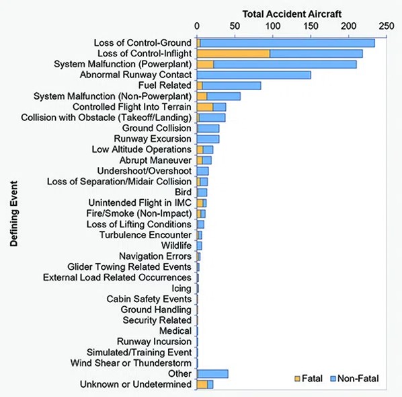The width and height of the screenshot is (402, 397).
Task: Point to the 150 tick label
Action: coord(310,26)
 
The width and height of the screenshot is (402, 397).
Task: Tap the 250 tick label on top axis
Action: coord(385,26)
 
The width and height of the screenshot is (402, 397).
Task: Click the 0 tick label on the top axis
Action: coord(197,26)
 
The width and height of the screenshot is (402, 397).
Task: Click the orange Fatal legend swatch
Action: coord(297,379)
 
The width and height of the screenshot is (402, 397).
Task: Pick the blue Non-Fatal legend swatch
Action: coord(332,379)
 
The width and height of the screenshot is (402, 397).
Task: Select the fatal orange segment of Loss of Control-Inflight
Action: coord(233,54)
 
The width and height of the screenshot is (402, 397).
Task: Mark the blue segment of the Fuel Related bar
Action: coord(231,85)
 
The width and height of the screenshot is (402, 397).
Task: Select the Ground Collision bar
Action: coord(208,128)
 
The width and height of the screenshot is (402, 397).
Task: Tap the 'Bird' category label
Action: coord(182,192)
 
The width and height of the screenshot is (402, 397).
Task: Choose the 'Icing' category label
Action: coord(182,288)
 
